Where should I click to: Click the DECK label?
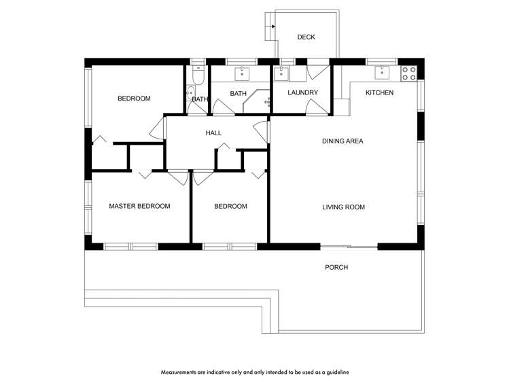click(x=306, y=37)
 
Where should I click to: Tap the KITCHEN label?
click(x=379, y=92)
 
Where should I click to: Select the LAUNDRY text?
click(x=302, y=92)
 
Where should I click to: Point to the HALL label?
click(x=213, y=133)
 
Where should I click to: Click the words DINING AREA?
click(x=343, y=141)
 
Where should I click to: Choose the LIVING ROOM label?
click(x=343, y=207)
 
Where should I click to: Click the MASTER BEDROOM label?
click(x=139, y=206)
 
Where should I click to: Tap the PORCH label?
click(x=336, y=268)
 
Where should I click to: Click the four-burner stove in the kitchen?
click(x=408, y=73)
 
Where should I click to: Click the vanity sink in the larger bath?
click(x=243, y=72)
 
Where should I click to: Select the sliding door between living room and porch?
click(x=349, y=246)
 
